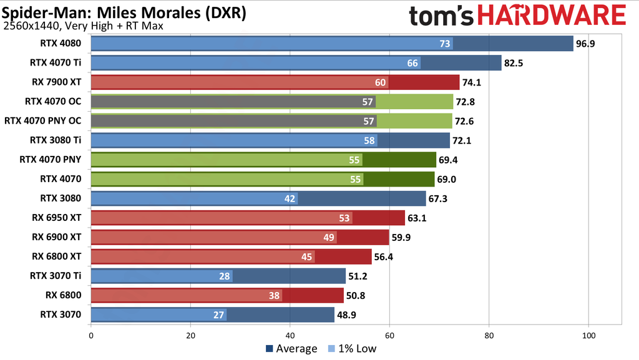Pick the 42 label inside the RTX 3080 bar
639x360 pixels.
coord(289,198)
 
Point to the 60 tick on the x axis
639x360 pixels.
coord(390,336)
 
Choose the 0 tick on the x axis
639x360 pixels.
coord(91,336)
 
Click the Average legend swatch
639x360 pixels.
coord(270,349)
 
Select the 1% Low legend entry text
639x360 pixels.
coord(357,349)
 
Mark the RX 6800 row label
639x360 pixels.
coord(65,295)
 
